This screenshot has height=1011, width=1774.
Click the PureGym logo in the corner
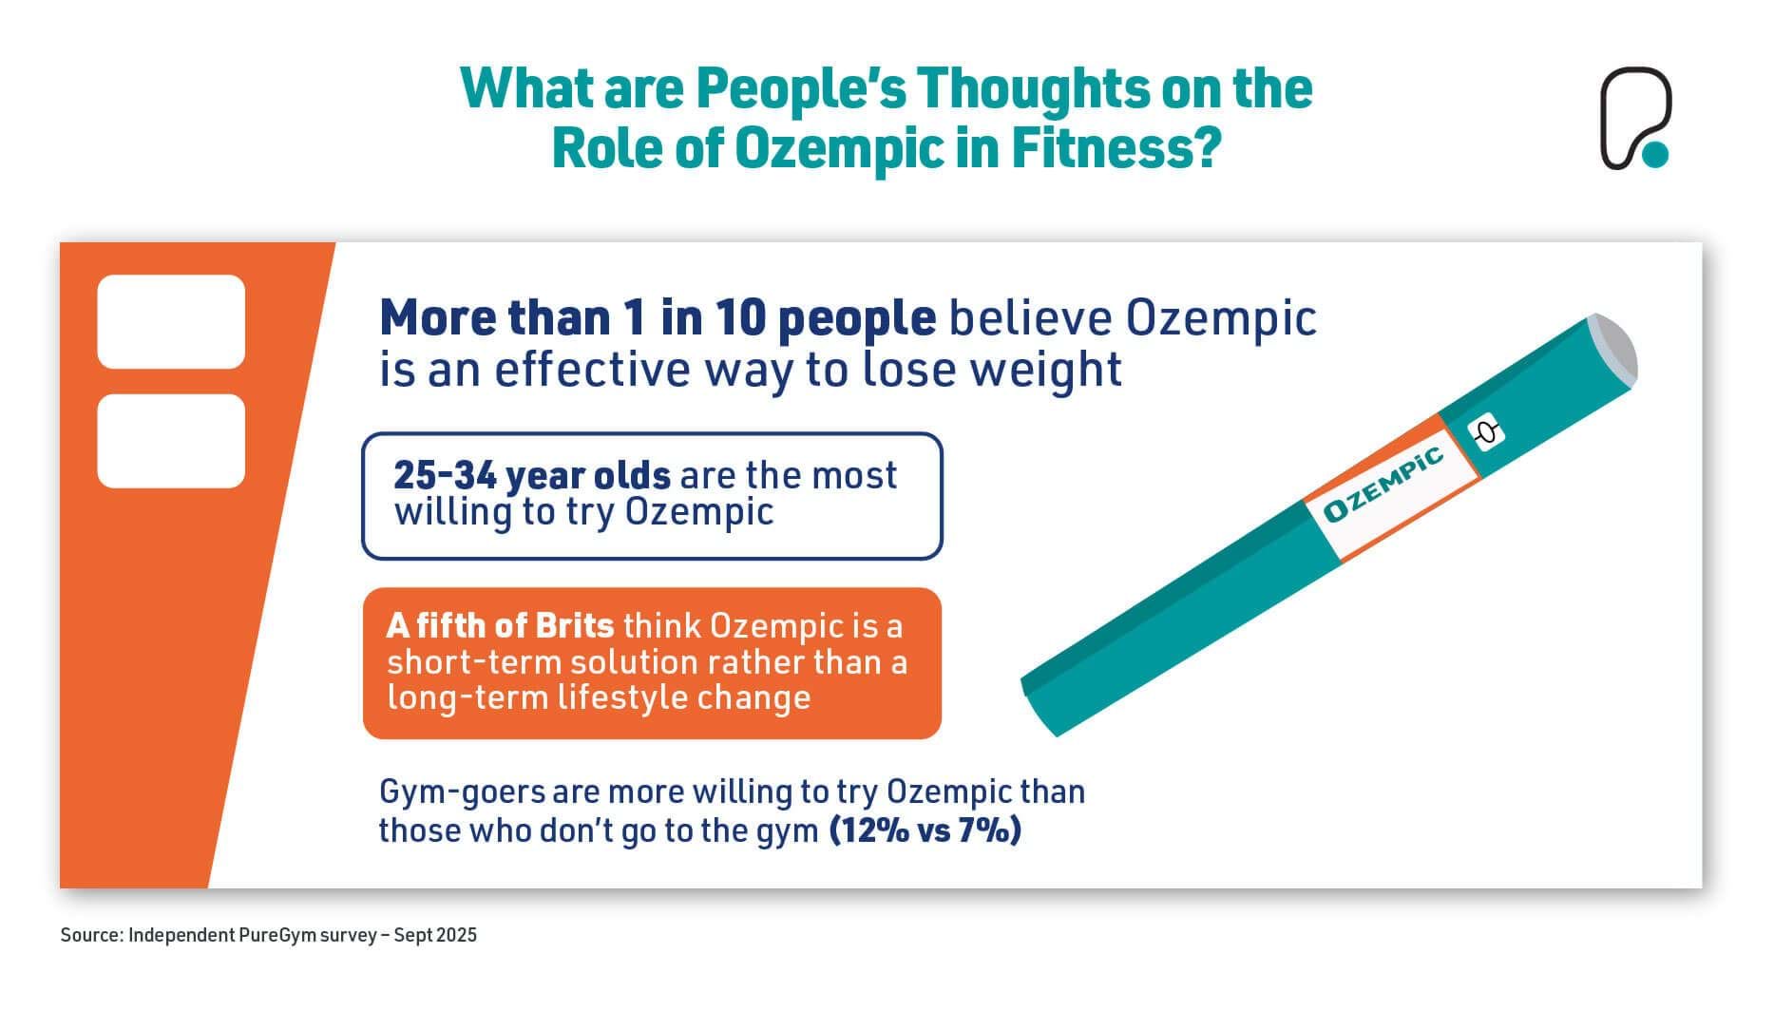pyautogui.click(x=1634, y=119)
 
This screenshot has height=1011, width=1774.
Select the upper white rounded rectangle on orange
pyautogui.click(x=171, y=321)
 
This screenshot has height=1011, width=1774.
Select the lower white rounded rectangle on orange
pyautogui.click(x=171, y=441)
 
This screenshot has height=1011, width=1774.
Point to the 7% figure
pyautogui.click(x=986, y=830)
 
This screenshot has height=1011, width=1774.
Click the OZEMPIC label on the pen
pyautogui.click(x=1383, y=484)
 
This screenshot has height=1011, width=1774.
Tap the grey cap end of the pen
pyautogui.click(x=1614, y=346)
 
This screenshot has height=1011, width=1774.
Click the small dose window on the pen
pyautogui.click(x=1488, y=433)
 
